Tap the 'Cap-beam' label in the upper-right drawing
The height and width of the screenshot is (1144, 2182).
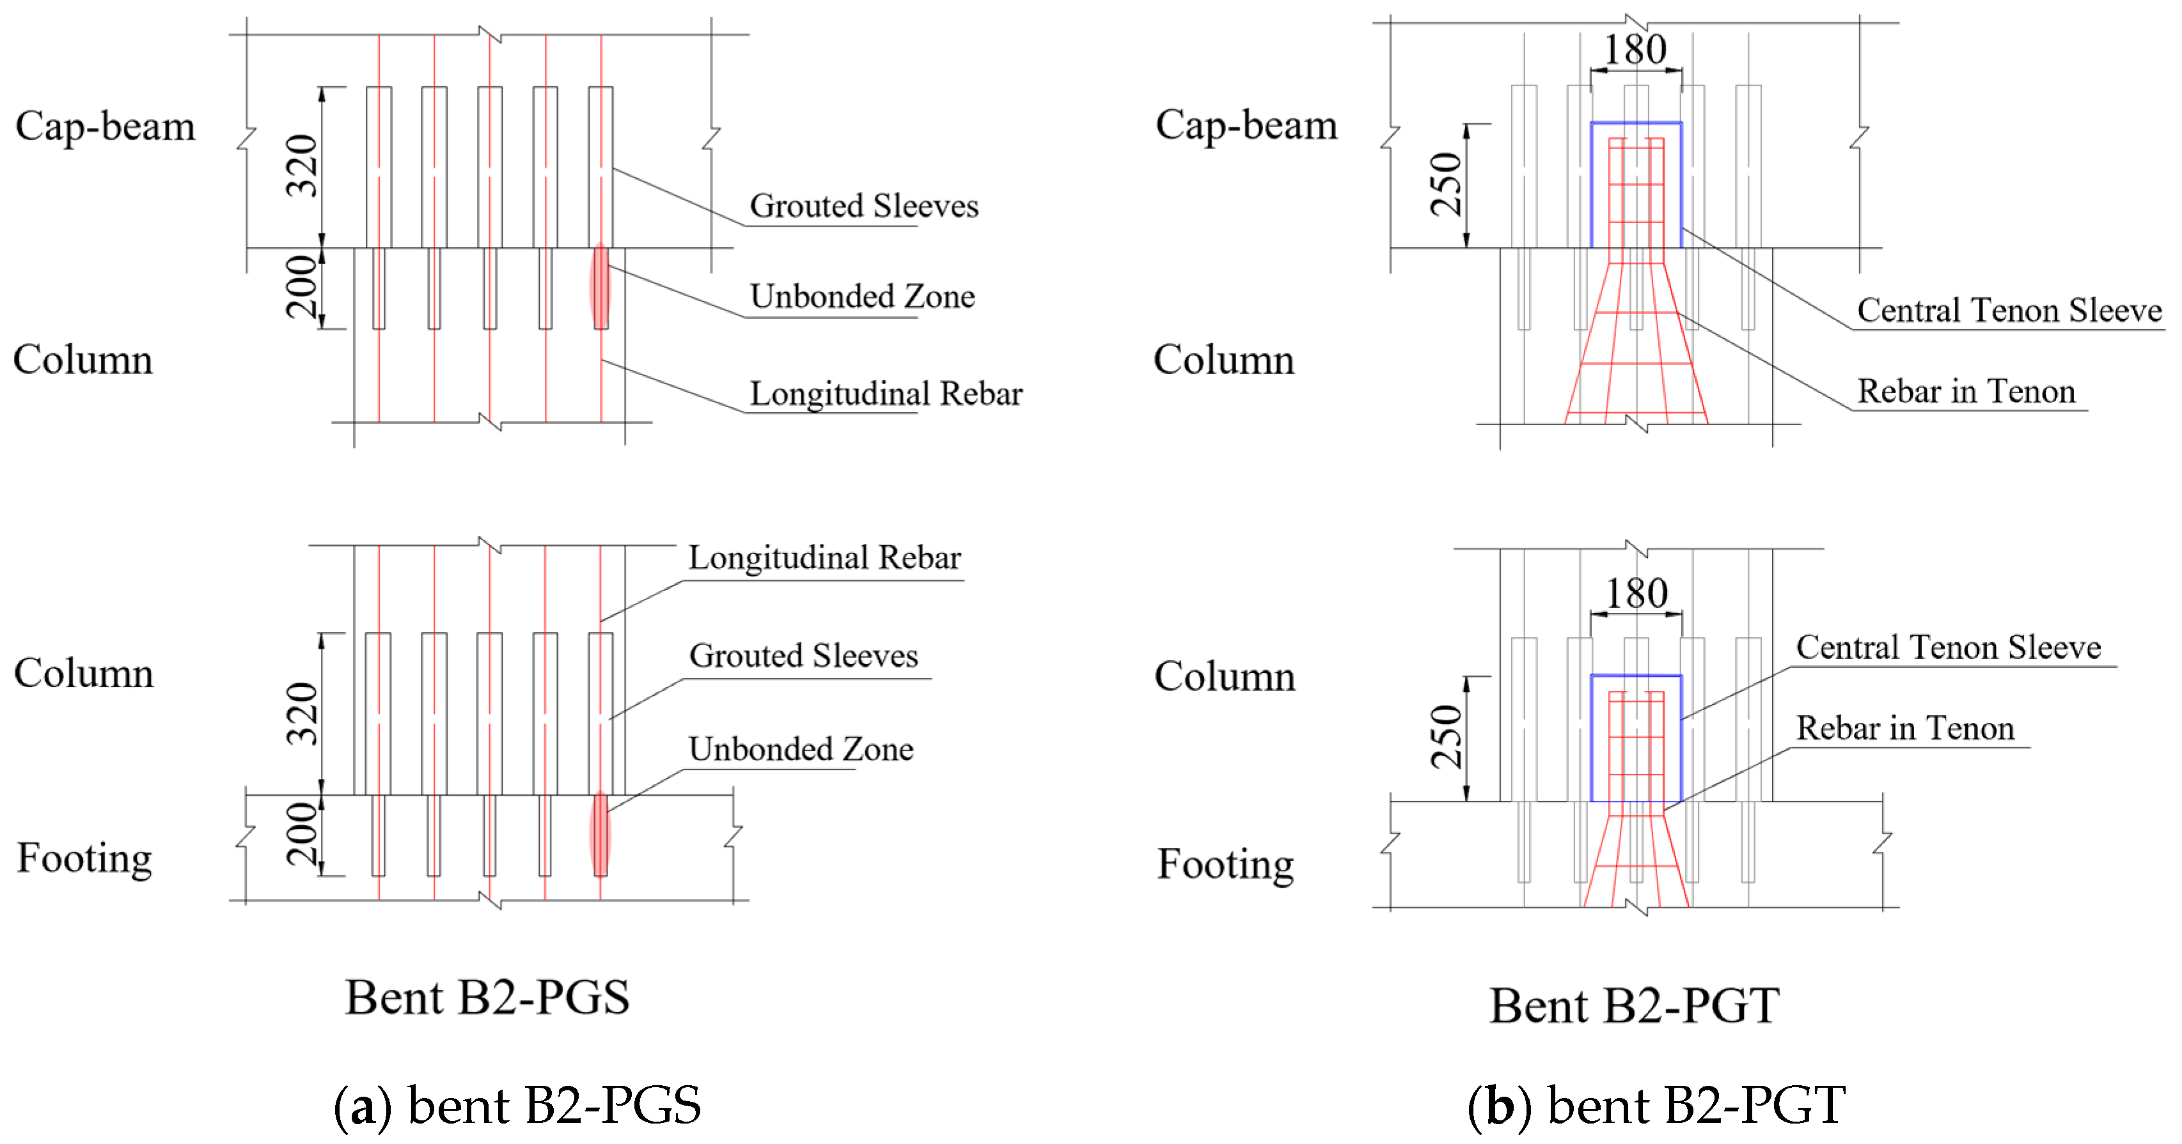click(x=1246, y=125)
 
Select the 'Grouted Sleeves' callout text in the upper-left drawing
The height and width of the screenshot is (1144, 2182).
click(x=863, y=206)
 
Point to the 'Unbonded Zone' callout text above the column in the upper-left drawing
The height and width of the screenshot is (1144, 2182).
click(x=861, y=297)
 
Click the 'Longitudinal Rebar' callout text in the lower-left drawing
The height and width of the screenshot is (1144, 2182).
click(x=824, y=558)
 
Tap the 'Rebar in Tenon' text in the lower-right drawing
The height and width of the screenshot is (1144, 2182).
click(x=1904, y=728)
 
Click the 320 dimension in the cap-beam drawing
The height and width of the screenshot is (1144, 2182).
click(x=302, y=166)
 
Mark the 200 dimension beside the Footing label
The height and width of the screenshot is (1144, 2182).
click(x=302, y=834)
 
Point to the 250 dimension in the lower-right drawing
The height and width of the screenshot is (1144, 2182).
click(x=1447, y=737)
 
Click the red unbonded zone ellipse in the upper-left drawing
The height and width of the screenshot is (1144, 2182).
click(x=600, y=286)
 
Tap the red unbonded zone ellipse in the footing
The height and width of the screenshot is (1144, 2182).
click(x=600, y=834)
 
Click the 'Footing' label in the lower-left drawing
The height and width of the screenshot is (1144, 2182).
click(x=84, y=858)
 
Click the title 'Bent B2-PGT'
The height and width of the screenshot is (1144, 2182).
click(x=1634, y=1006)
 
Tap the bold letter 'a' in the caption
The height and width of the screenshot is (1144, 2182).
click(x=363, y=1108)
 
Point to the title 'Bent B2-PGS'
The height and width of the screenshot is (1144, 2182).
click(x=487, y=998)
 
